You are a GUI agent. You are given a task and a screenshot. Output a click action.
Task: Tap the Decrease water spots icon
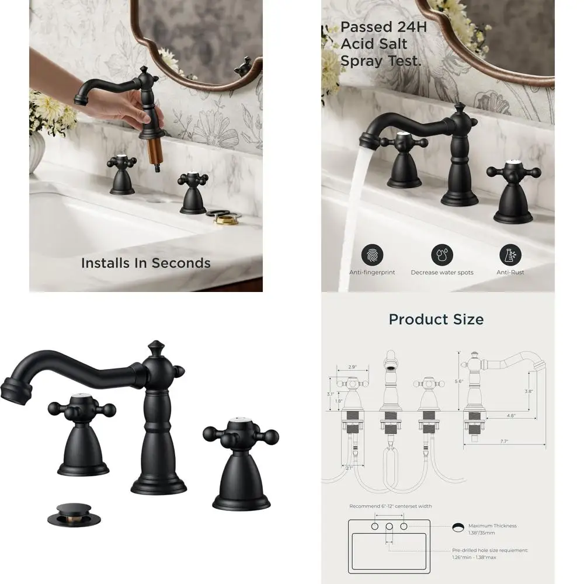pos(442,255)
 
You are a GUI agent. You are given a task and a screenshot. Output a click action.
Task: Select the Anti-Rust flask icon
pos(510,255)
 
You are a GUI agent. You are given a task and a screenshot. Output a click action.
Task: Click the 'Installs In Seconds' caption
pos(145,263)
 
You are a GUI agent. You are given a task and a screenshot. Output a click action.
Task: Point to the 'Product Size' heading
pos(436,319)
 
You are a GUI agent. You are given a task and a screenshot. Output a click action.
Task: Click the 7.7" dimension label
pos(503,442)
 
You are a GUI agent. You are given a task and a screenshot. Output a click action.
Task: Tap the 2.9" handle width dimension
pos(352,367)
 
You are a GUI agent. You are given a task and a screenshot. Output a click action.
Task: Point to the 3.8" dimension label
pos(529,391)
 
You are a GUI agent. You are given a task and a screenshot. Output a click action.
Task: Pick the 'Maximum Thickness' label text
pos(492,526)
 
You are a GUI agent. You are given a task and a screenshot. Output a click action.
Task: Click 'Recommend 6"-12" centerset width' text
pos(390,506)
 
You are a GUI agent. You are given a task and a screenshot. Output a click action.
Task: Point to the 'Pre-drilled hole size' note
pos(490,550)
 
